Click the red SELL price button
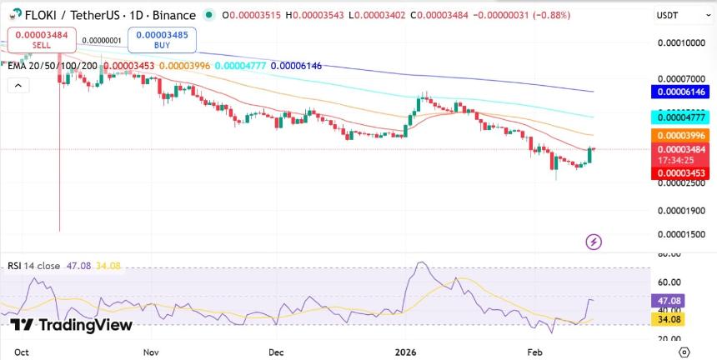click(x=42, y=39)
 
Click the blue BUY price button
click(x=161, y=39)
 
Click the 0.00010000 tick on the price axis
click(x=682, y=42)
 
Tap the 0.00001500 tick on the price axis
click(x=682, y=234)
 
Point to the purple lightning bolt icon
click(x=594, y=242)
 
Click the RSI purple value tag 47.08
click(x=670, y=300)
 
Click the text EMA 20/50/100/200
click(x=53, y=65)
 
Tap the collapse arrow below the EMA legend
click(x=17, y=84)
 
